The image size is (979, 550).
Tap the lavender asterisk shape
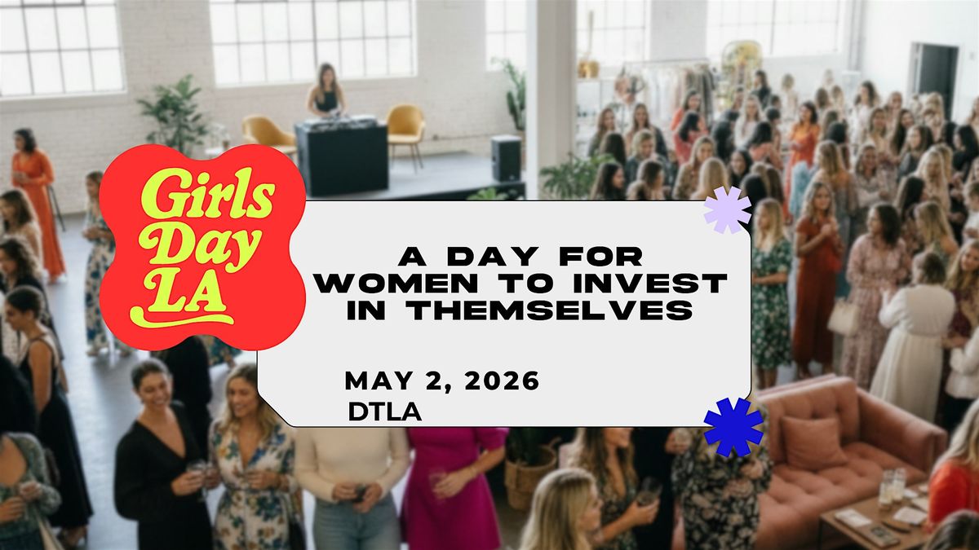click(727, 209)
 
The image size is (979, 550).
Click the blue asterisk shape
click(733, 426)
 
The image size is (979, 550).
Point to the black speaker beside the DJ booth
click(506, 158)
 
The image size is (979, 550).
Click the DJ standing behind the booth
click(327, 91)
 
